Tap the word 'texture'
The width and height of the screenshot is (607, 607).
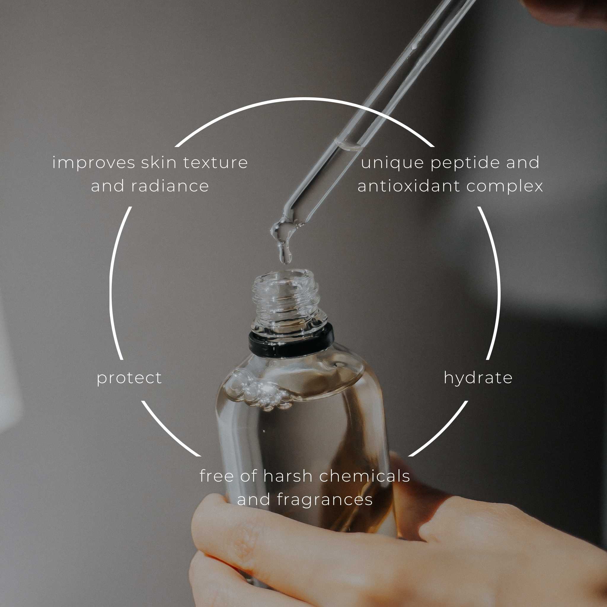[215, 163]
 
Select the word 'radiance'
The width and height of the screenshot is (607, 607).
[170, 186]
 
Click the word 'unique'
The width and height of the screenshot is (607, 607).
[393, 163]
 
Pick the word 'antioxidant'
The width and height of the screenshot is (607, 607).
[409, 186]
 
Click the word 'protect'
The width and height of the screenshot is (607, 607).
[129, 378]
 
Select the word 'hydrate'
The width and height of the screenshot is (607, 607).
[478, 378]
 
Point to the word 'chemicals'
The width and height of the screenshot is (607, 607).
[365, 476]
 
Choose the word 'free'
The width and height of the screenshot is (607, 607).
[217, 476]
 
